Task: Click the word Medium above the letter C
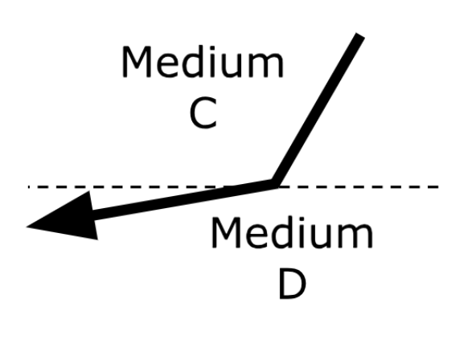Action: pos(203,62)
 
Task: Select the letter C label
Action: pos(203,112)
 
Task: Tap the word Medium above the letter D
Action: pos(292,233)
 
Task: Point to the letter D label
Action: pos(293,283)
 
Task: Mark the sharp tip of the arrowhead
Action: pos(27,227)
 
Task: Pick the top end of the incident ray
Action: pos(360,36)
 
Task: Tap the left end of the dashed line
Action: pos(29,187)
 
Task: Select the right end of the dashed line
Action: pos(438,187)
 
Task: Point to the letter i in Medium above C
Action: pos(210,61)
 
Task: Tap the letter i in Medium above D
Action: pos(299,232)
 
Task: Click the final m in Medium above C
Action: pos(265,66)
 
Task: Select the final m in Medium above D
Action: pos(355,236)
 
